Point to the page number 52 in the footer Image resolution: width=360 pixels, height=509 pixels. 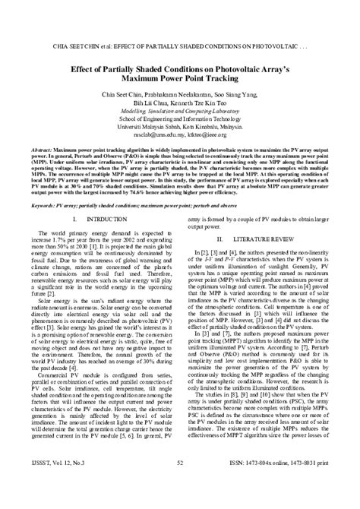180,482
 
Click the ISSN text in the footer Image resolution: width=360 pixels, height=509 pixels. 278,482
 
